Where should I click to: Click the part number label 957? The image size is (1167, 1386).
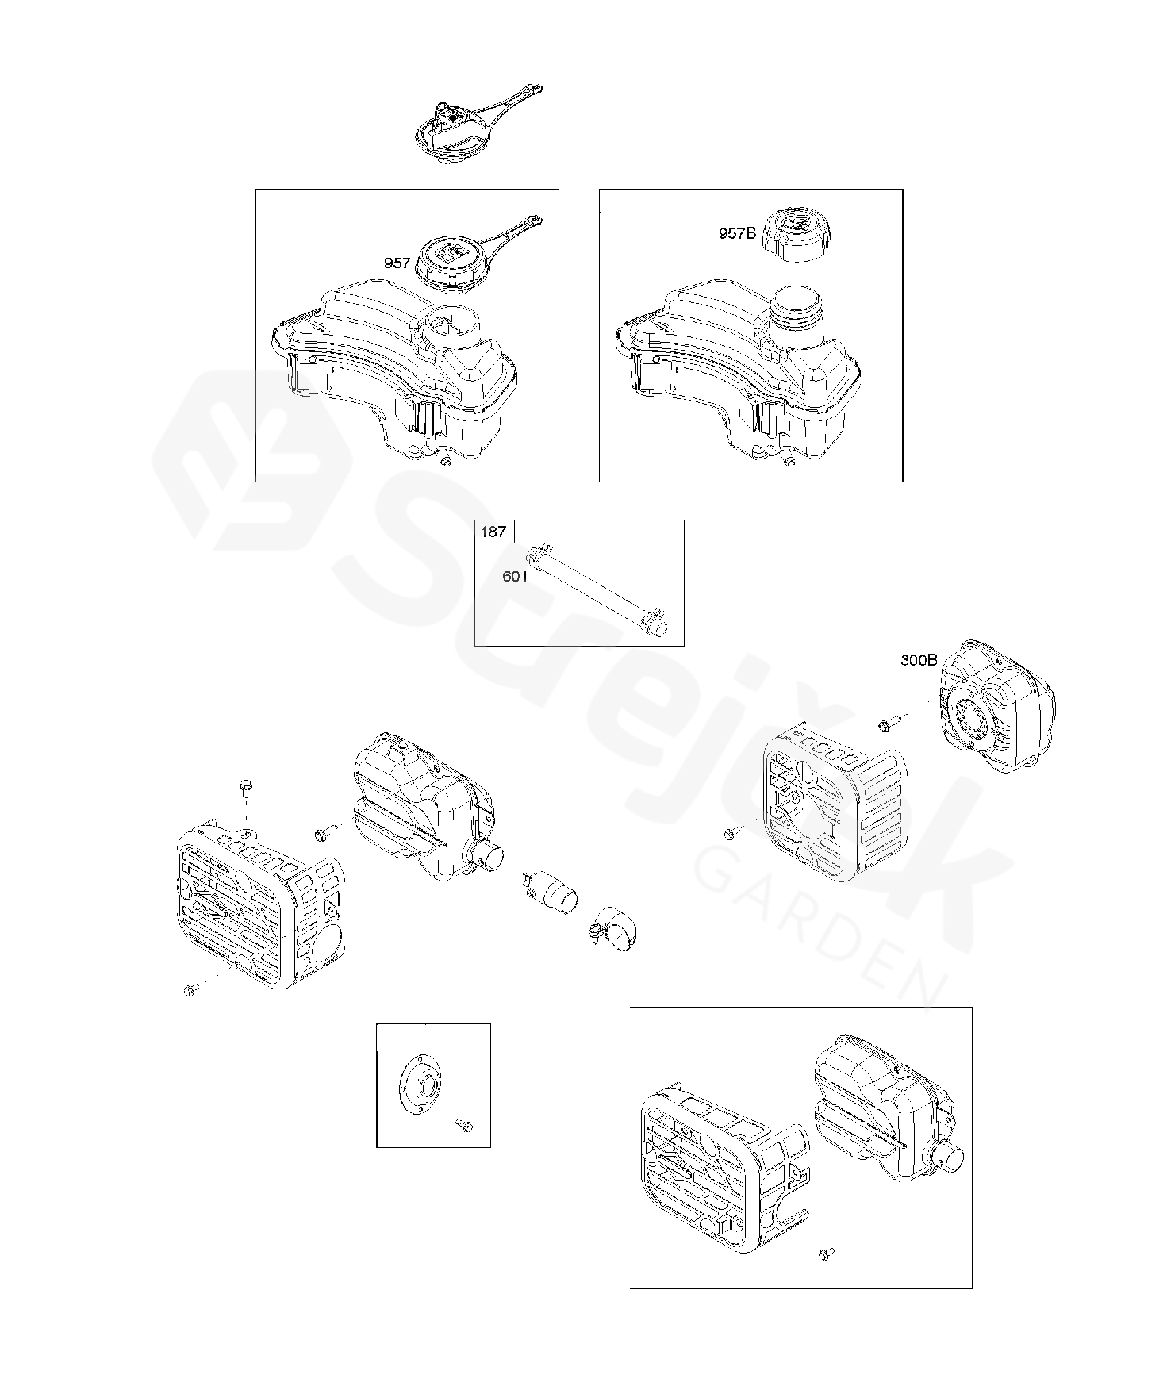pyautogui.click(x=397, y=263)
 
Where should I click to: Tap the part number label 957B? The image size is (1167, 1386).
pyautogui.click(x=737, y=233)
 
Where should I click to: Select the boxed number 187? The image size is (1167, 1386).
pyautogui.click(x=493, y=532)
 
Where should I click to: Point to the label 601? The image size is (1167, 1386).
pyautogui.click(x=515, y=577)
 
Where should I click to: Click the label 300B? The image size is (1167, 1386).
pyautogui.click(x=919, y=659)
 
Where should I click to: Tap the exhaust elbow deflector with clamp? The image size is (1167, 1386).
pyautogui.click(x=614, y=926)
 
